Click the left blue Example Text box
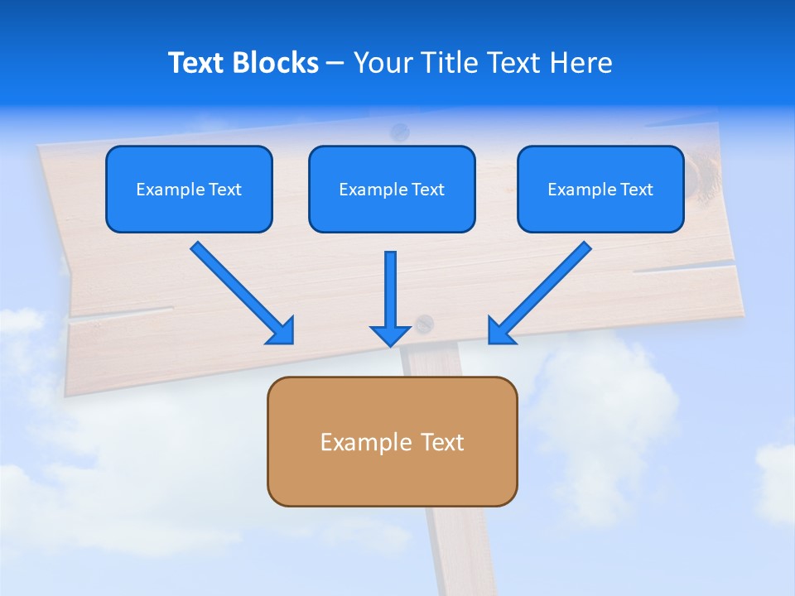(x=189, y=189)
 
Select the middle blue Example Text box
(x=392, y=189)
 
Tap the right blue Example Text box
(x=600, y=189)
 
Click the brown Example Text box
(x=392, y=441)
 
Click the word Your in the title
(x=384, y=63)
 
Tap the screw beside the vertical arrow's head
(x=424, y=324)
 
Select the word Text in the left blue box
(x=224, y=190)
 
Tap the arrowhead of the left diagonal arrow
(x=282, y=331)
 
